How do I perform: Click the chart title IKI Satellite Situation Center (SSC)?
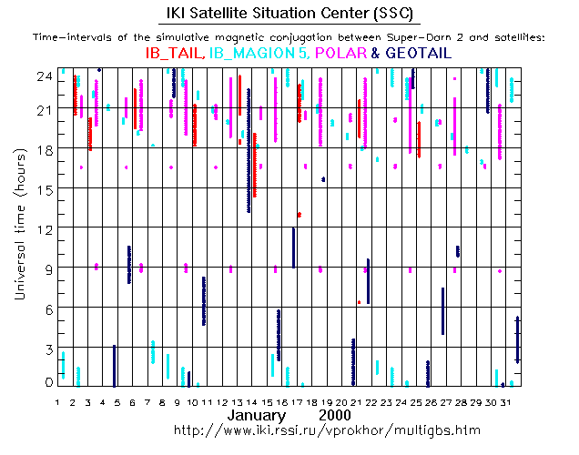tap(289, 14)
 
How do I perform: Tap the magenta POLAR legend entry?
tap(340, 54)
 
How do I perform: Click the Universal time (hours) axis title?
tap(20, 227)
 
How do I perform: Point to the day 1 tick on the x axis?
tap(57, 401)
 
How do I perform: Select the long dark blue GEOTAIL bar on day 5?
tap(114, 364)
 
